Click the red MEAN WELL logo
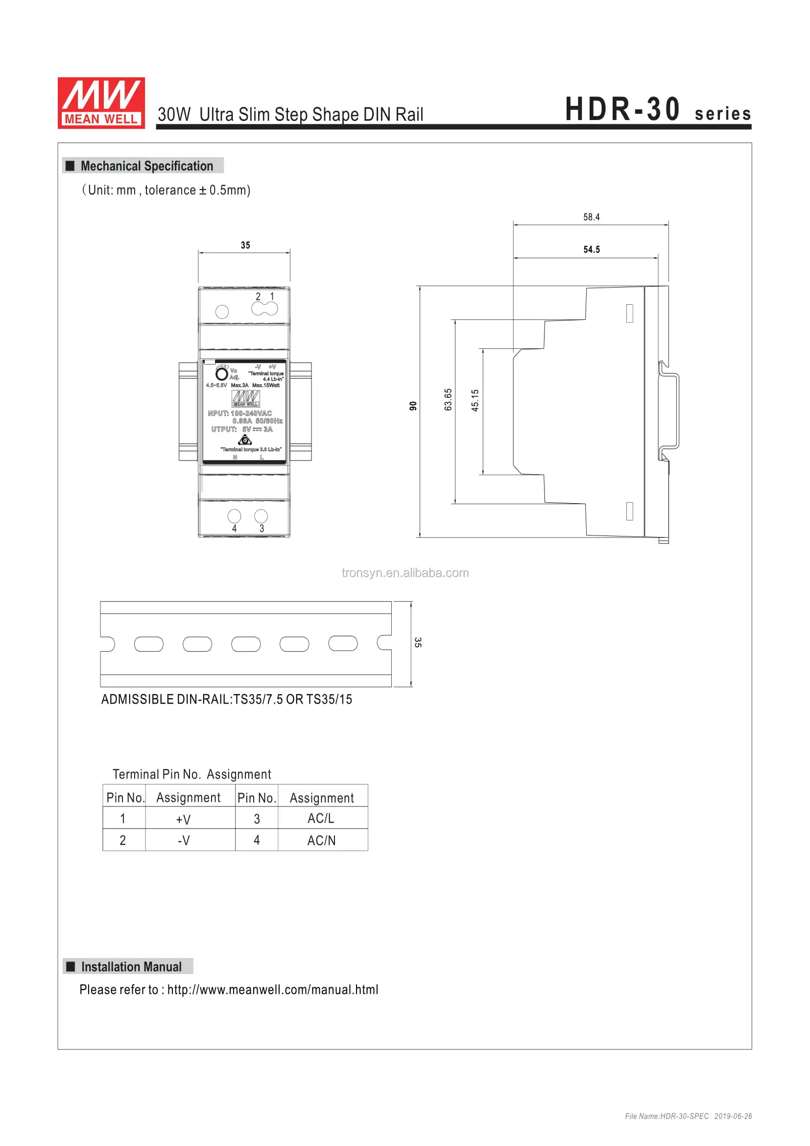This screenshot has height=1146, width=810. coord(101,103)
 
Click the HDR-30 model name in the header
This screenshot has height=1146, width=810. coord(622,109)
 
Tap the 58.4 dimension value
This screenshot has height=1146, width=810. coord(591,217)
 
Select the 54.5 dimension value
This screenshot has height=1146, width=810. coord(592,249)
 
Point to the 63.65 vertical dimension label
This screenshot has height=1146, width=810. coord(448,400)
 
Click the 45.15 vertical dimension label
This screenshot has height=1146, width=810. coord(475,400)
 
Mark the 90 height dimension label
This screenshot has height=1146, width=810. coord(412,406)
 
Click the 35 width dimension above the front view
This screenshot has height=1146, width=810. coord(245,245)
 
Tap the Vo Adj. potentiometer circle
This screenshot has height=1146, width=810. coord(221,374)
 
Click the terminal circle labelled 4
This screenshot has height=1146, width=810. coord(234,515)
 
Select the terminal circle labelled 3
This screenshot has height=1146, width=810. coord(261,515)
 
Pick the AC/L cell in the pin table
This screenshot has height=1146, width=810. coord(321,819)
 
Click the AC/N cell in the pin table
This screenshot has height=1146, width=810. coord(321,841)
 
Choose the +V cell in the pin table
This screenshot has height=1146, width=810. coord(184,819)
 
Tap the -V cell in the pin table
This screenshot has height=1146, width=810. coord(184,841)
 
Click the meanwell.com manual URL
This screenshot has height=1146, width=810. coord(272,990)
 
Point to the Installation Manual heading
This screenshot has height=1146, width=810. coord(131,967)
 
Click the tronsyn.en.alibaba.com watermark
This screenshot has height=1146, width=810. coord(405,573)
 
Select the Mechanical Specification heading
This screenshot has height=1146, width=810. coord(146,166)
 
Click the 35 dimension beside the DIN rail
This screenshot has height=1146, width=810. coord(418,642)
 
